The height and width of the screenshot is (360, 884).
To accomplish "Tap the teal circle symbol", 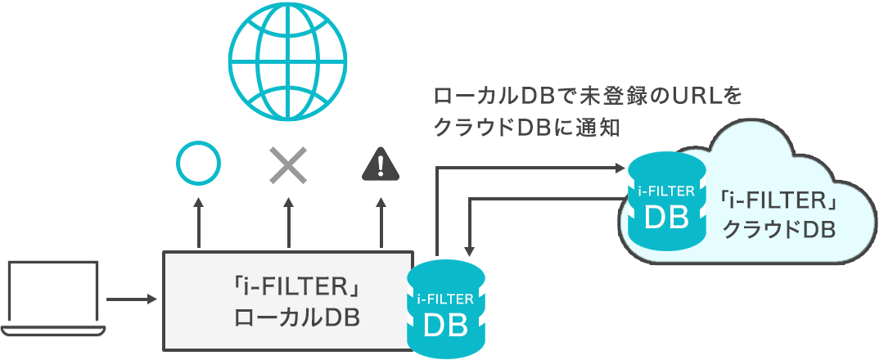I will (x=198, y=164).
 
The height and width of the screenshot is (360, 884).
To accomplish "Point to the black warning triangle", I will (x=381, y=164).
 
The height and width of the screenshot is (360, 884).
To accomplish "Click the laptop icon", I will (x=54, y=299).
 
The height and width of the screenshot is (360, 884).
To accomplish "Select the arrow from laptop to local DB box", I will (x=132, y=299).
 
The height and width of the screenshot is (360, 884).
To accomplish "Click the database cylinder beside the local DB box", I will (x=446, y=308).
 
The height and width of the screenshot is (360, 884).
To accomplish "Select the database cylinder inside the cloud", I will (x=667, y=201).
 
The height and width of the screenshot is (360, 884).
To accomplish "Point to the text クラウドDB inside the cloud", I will (x=778, y=230).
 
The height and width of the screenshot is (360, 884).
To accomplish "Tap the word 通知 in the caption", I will (x=604, y=128).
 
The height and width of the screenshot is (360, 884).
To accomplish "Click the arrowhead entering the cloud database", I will (x=620, y=168).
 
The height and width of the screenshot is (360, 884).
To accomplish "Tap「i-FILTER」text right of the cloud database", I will (x=778, y=199).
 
